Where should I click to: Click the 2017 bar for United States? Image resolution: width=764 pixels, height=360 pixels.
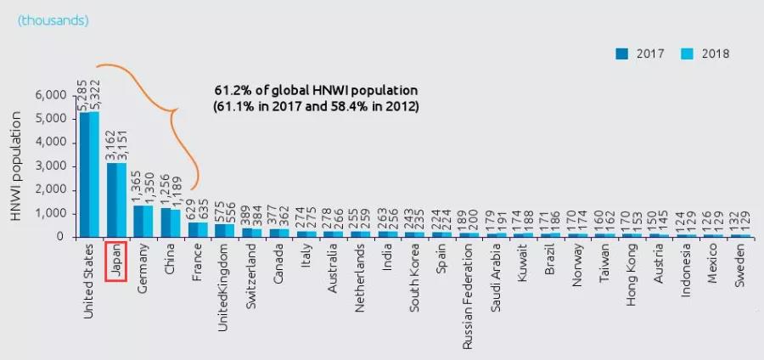coord(84,174)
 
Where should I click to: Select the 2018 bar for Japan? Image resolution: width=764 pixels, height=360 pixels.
coord(121,200)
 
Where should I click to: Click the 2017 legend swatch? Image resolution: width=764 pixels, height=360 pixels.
coord(622,53)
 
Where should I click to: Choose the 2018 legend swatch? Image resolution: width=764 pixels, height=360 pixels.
coord(687,53)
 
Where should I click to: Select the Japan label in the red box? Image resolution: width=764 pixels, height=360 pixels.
coord(115,262)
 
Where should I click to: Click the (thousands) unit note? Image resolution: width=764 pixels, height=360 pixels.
coord(53,19)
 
